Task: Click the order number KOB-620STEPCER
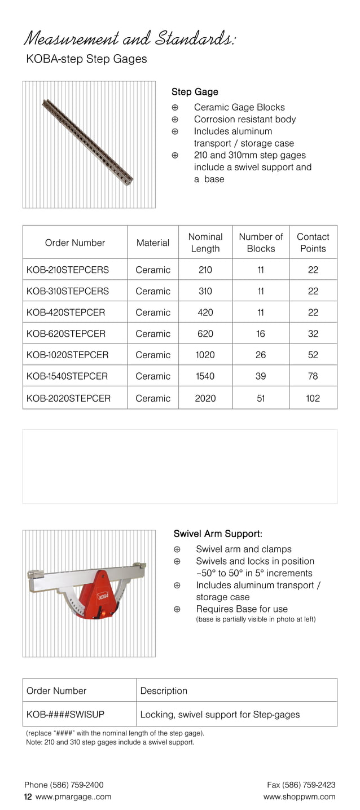coord(66,333)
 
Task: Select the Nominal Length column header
coord(205,243)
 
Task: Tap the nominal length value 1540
coord(205,376)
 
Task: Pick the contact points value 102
coord(313,398)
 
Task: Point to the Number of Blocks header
coord(261,243)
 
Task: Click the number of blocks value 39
coord(261,376)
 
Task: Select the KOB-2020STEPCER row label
coord(69,398)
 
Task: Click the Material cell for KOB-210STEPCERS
coord(153,270)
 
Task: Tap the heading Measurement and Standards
coord(130,39)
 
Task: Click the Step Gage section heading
coord(195,92)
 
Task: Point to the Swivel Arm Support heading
coord(218,534)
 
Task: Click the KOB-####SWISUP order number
coord(65,714)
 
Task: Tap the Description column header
coord(164,690)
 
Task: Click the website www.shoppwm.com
coord(299,796)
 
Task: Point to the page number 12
coord(28,797)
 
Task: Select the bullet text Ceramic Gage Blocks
coord(239,107)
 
